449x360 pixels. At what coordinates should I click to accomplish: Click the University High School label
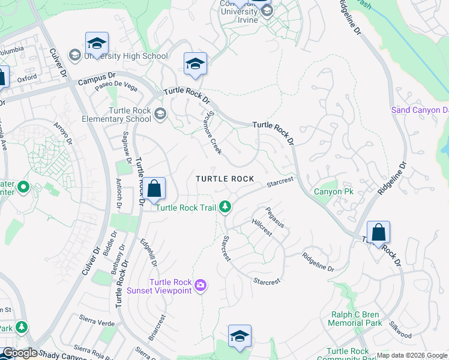(x=125, y=56)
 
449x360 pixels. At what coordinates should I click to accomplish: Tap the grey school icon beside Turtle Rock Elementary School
(x=160, y=113)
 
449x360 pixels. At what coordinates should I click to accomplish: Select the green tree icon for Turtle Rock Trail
(x=225, y=207)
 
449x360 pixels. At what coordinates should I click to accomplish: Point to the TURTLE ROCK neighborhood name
(x=225, y=179)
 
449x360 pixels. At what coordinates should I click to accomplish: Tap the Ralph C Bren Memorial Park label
(x=357, y=319)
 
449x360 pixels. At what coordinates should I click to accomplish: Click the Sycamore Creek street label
(x=214, y=133)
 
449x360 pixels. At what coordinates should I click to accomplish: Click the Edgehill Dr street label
(x=148, y=254)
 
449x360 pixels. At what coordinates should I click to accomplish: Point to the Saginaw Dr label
(x=126, y=145)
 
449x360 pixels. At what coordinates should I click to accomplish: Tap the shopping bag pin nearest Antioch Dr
(x=154, y=188)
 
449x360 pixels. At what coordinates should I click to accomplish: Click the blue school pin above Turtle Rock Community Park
(x=240, y=336)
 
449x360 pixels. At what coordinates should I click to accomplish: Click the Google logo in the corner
(x=19, y=353)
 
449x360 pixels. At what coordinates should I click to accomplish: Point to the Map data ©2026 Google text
(x=412, y=355)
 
